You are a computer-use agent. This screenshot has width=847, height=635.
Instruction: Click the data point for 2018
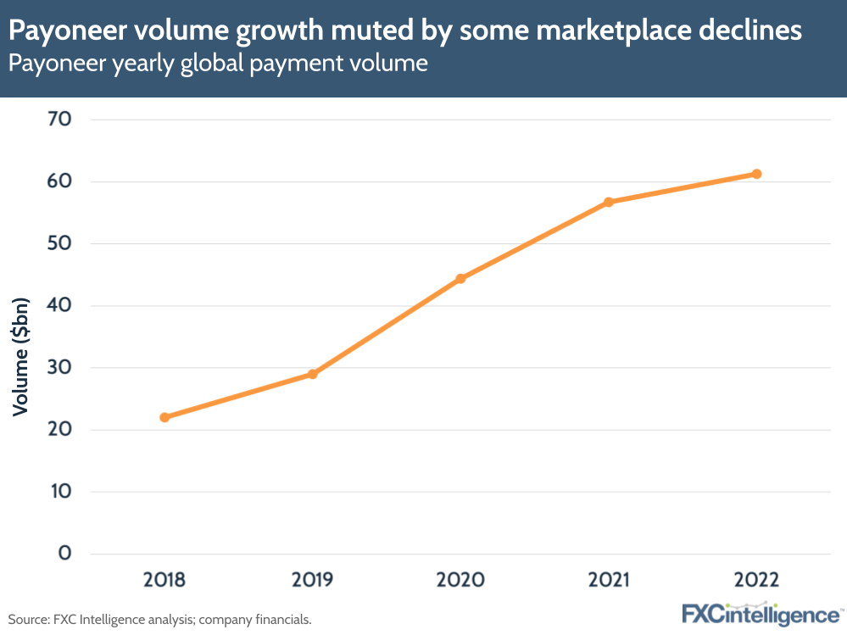coord(164,417)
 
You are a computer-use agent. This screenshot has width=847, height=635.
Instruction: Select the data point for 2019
coord(312,374)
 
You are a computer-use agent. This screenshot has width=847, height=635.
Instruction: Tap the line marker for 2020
coord(460,278)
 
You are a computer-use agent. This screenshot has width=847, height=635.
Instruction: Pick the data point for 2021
coord(609,202)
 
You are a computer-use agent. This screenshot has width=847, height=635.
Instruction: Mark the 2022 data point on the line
coord(756,174)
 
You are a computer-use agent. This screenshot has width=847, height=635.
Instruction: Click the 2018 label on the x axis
coord(164,580)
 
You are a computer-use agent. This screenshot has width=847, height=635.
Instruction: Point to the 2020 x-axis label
coord(460,580)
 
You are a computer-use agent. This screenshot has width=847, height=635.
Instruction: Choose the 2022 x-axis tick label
coord(756,580)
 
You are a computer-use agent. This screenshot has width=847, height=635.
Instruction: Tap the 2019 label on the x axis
coord(312,580)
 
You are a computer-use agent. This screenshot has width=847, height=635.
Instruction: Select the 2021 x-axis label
coord(609,580)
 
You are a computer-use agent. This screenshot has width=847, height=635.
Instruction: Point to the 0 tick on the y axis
coord(64,554)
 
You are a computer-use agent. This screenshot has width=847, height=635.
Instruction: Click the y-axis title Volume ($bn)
coord(21,356)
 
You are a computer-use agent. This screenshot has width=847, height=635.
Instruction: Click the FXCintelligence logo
coord(761,613)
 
